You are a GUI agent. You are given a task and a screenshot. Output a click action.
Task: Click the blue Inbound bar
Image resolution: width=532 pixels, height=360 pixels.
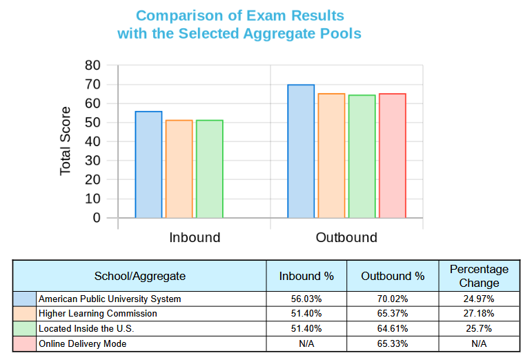coord(148,165)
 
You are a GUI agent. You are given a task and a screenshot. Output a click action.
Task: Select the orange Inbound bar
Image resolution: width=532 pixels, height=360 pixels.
coord(179,169)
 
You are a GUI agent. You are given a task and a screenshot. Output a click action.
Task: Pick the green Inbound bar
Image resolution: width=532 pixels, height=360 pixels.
coord(209,169)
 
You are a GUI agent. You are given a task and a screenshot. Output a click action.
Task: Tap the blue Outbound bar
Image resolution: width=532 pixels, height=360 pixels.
coord(300,151)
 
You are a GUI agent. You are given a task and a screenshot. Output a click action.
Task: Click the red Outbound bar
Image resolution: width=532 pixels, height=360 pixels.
coord(392,155)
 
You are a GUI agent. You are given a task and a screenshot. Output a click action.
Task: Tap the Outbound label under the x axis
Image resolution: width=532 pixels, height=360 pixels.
coord(346,238)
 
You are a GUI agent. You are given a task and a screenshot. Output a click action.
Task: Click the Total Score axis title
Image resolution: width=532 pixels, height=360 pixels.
coord(66,141)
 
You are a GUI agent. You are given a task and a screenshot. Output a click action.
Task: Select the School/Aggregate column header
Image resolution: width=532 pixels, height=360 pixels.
coord(140,276)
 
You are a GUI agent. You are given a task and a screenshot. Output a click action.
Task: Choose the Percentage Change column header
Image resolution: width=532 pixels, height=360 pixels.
coord(479,276)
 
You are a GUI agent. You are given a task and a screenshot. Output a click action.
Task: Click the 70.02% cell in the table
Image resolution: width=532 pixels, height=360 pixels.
coord(393,299)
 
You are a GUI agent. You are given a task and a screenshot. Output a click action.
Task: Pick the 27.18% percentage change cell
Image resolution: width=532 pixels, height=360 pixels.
coord(479,314)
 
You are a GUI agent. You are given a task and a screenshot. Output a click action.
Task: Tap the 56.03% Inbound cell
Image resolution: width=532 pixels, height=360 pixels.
coord(306,299)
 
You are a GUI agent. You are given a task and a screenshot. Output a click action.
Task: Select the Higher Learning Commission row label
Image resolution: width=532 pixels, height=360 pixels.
coord(97,314)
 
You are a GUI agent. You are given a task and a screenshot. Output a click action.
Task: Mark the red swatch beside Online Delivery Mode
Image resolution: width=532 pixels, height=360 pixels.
coord(25,343)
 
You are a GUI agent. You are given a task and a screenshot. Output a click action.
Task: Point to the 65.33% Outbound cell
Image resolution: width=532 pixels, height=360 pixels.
coord(393,343)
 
